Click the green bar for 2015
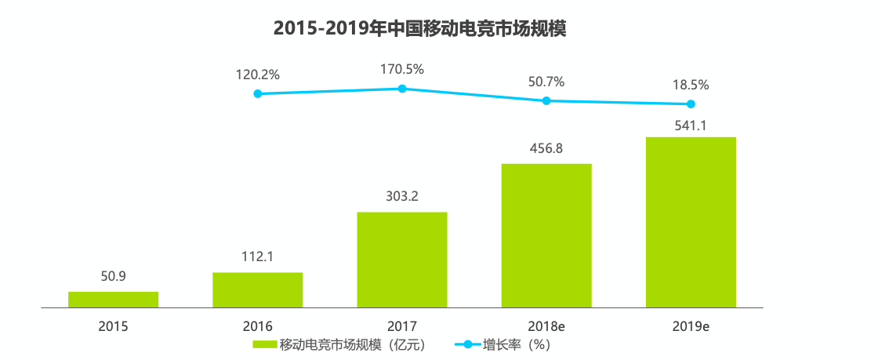[x=113, y=299]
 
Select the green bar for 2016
[x=257, y=289]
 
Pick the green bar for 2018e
[x=546, y=235]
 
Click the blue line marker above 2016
[x=258, y=93]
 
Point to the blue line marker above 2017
[x=402, y=89]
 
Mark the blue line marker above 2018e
[x=546, y=100]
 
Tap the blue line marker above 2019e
[x=691, y=104]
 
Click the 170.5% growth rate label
[x=401, y=69]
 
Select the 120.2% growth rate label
[x=257, y=75]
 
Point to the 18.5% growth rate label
[x=691, y=84]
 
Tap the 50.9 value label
[x=113, y=277]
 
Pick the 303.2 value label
[x=401, y=197]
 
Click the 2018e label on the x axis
[x=546, y=325]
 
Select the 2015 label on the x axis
[x=113, y=325]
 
